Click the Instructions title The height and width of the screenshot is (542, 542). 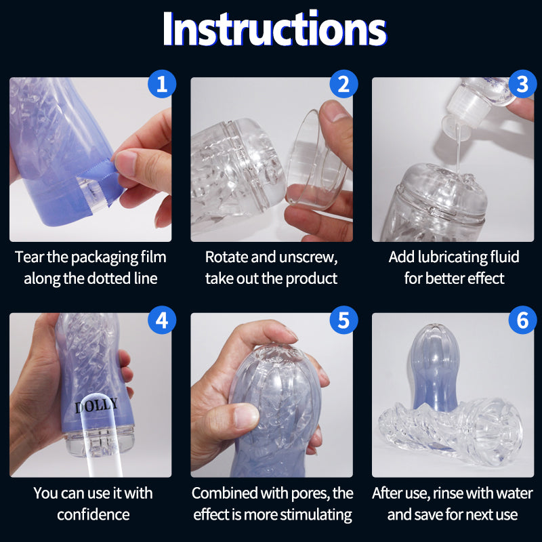pos(274,28)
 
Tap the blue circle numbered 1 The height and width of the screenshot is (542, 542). pos(162,84)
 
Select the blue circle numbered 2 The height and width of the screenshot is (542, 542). pos(343,84)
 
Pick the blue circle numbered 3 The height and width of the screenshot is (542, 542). pos(522,84)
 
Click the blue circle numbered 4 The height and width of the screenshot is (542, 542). pos(162,320)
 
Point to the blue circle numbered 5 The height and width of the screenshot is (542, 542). pos(343,320)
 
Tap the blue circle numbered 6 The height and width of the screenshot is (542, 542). pos(522,320)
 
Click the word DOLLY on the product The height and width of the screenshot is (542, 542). pos(96,405)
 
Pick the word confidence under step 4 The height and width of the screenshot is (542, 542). pos(93,515)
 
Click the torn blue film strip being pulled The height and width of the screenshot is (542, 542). pos(100,176)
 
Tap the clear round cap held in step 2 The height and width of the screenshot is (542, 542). pos(315,160)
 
